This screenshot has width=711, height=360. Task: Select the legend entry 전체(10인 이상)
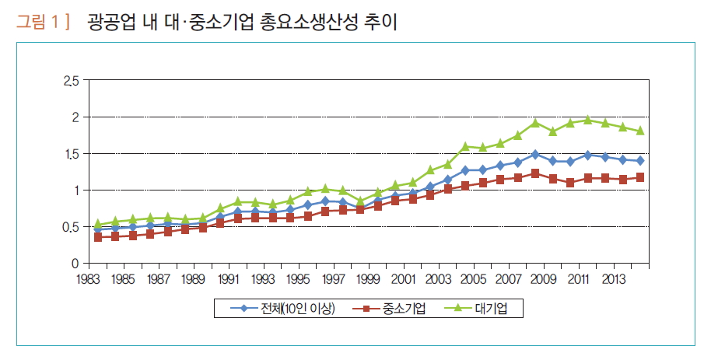click(x=285, y=309)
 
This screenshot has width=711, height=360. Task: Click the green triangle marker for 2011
click(x=588, y=120)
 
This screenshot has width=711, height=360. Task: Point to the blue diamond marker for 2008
click(x=535, y=154)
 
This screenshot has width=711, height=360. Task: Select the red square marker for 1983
click(x=98, y=237)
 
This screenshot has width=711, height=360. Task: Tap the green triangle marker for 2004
click(x=465, y=146)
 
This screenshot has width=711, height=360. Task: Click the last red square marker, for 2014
click(x=640, y=177)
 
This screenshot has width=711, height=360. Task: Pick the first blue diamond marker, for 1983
click(x=98, y=229)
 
